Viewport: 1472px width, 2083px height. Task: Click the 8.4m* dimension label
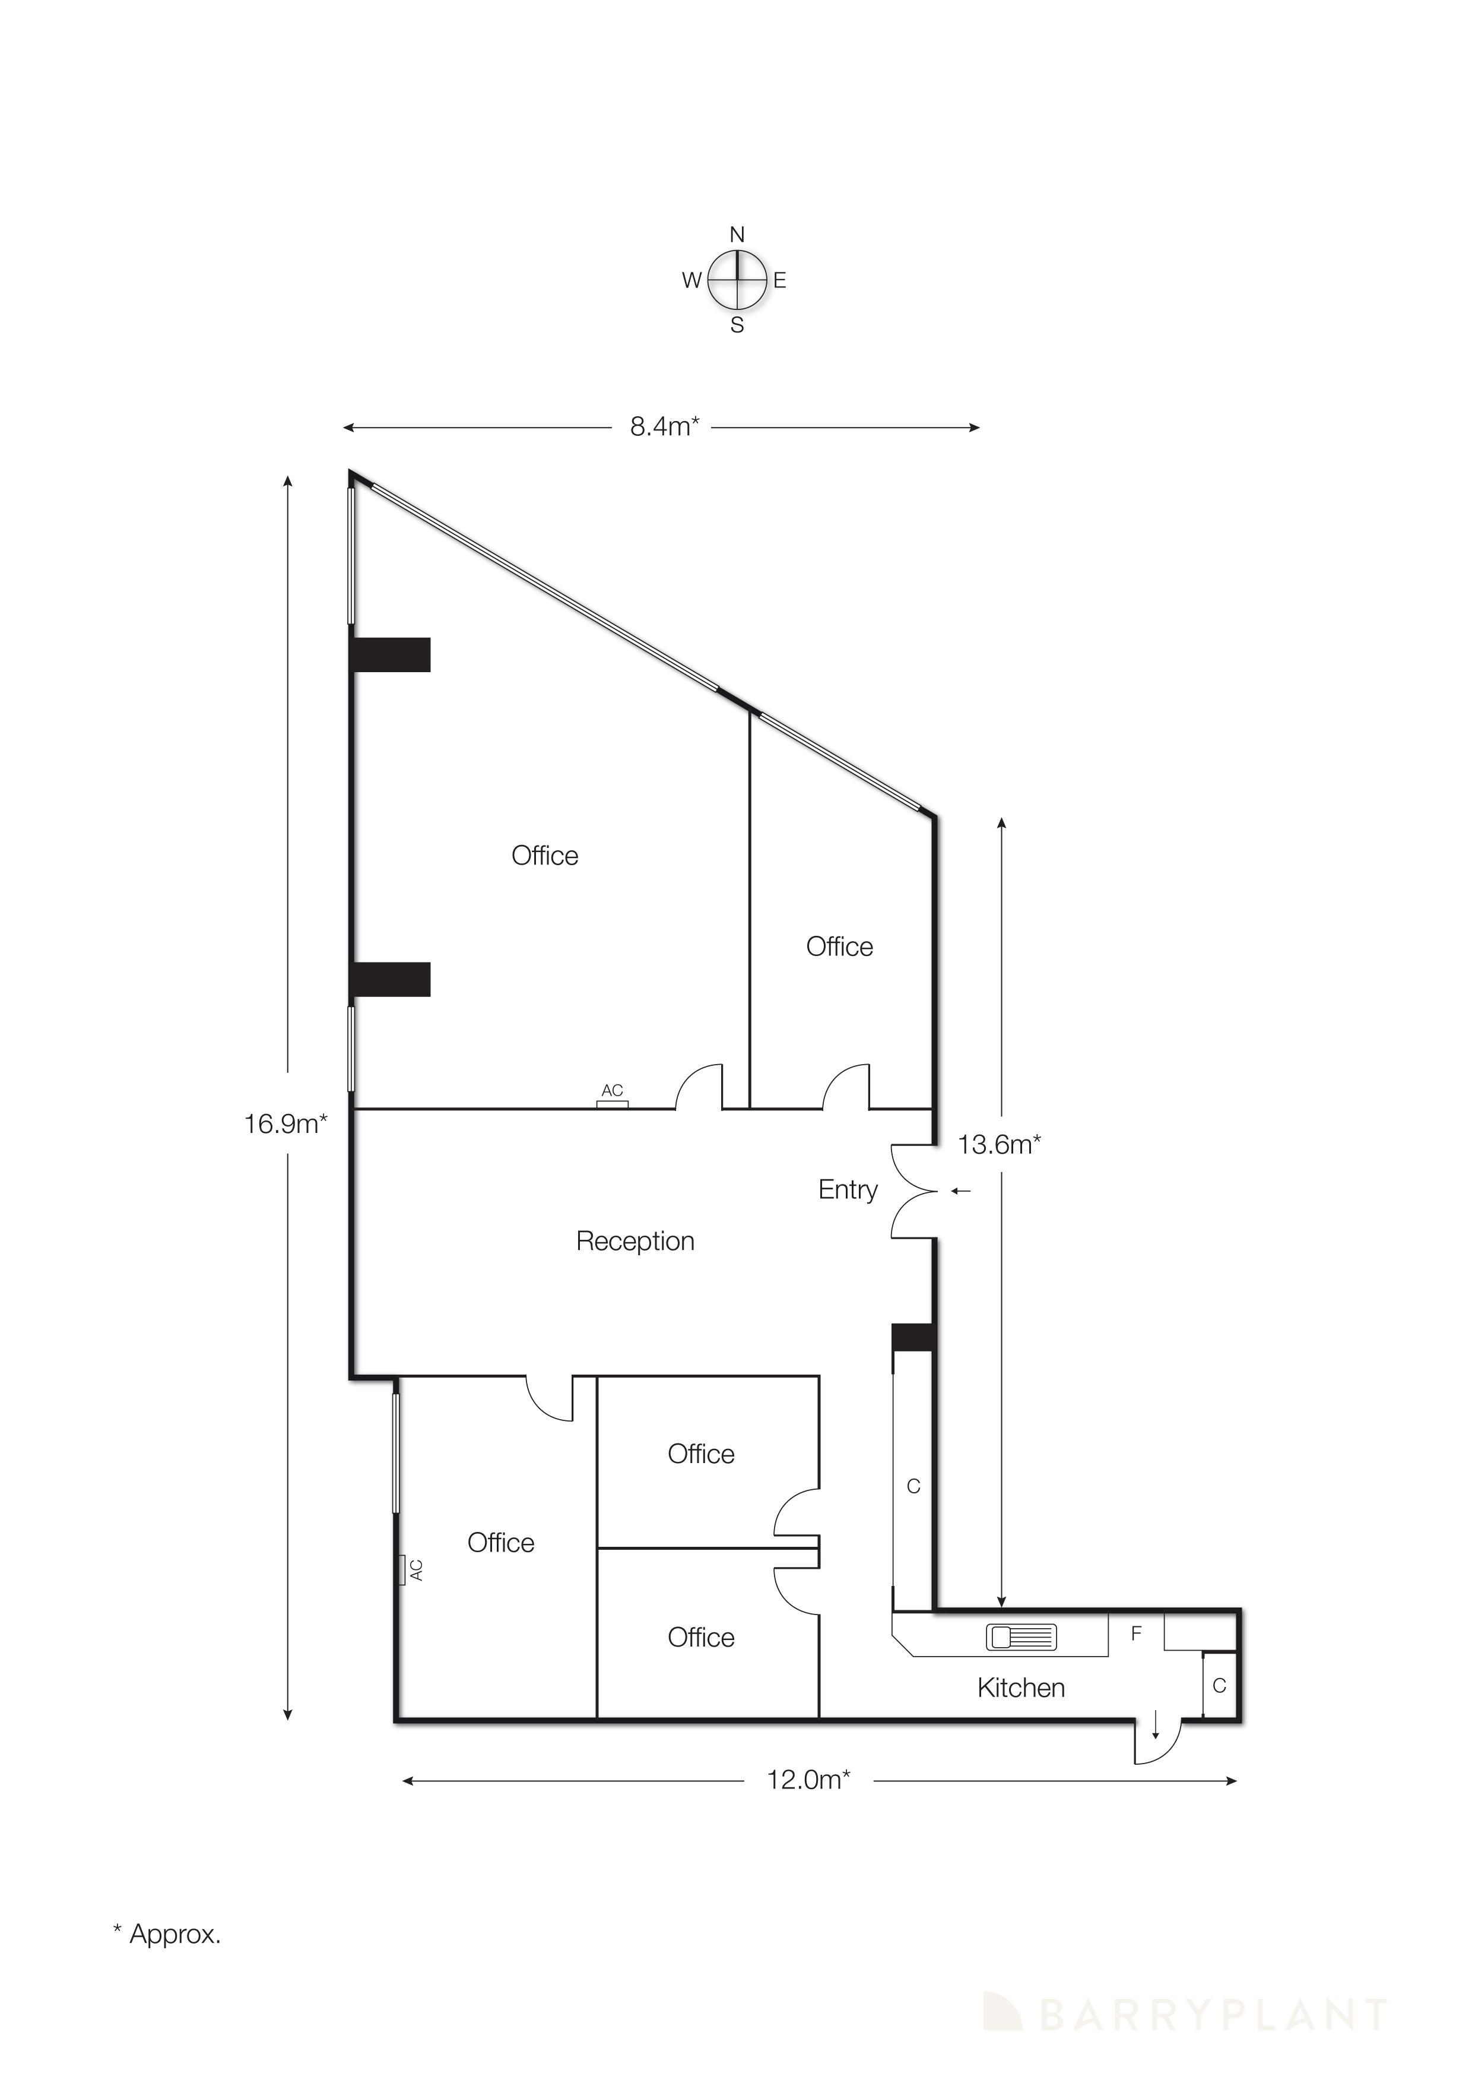(664, 426)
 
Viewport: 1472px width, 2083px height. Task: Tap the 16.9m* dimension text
(285, 1124)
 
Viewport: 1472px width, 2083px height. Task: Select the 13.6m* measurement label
(998, 1145)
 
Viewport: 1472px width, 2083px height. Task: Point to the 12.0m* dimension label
(808, 1780)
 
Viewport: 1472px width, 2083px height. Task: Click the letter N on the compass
(737, 235)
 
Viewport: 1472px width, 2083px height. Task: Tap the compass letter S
(737, 325)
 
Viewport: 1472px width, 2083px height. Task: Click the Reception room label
(635, 1241)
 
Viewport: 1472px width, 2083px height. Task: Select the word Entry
(847, 1189)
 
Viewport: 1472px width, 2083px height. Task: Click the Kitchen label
(1020, 1688)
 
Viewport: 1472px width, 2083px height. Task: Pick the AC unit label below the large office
(612, 1091)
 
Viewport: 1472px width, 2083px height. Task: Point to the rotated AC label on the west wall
(415, 1569)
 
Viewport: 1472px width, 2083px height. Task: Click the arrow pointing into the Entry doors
(960, 1191)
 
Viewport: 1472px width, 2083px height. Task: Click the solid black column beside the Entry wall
(912, 1337)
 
